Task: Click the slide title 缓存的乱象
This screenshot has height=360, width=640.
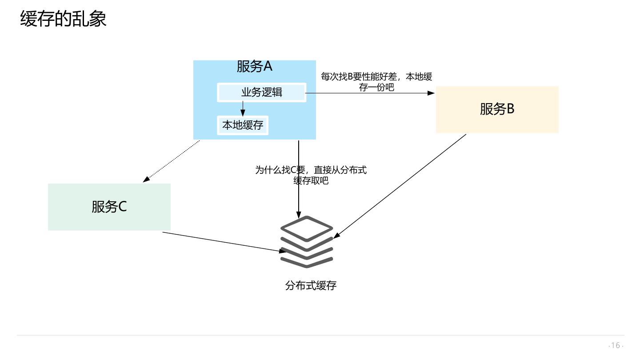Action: point(63,19)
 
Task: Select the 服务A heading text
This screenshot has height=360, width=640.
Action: point(254,66)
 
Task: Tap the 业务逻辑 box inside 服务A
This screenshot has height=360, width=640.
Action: point(261,92)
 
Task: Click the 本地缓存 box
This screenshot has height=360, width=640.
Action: point(243,125)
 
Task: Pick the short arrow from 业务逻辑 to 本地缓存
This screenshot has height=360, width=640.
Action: point(243,108)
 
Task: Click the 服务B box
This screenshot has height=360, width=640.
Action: point(497,109)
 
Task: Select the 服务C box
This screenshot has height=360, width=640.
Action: point(109,207)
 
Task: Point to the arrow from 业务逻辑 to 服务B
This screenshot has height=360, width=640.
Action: point(369,93)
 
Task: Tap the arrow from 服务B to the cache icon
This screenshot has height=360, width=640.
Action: point(400,186)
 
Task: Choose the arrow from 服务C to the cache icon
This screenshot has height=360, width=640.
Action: point(222,242)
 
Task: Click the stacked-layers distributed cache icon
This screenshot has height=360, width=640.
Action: point(307,242)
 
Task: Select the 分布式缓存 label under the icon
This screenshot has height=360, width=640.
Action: point(311,285)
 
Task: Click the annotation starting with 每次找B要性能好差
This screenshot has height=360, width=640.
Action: point(376,81)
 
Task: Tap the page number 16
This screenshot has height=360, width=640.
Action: point(616,345)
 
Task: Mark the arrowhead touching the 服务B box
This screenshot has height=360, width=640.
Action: point(431,93)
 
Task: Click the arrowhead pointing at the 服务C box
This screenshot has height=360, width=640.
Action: point(146,179)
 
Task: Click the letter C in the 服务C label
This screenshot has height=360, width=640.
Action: point(122,207)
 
